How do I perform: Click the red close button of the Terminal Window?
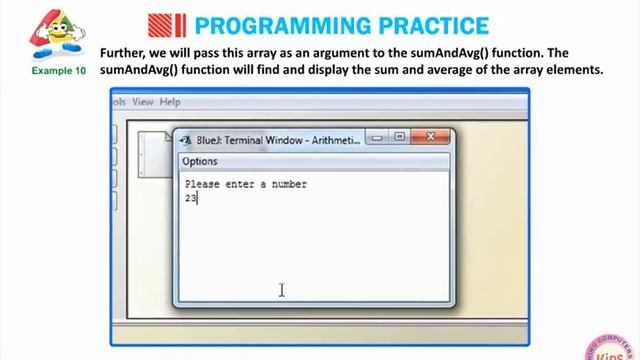432,138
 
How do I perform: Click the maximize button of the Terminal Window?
400,138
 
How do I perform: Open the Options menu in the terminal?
200,161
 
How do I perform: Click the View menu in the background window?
143,101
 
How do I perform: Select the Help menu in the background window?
170,101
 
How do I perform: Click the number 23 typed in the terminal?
191,198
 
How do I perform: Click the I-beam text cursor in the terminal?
282,290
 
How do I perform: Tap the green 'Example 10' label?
59,72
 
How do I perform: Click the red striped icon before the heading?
166,24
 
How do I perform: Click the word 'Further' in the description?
124,53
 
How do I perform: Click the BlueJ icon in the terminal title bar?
185,140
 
